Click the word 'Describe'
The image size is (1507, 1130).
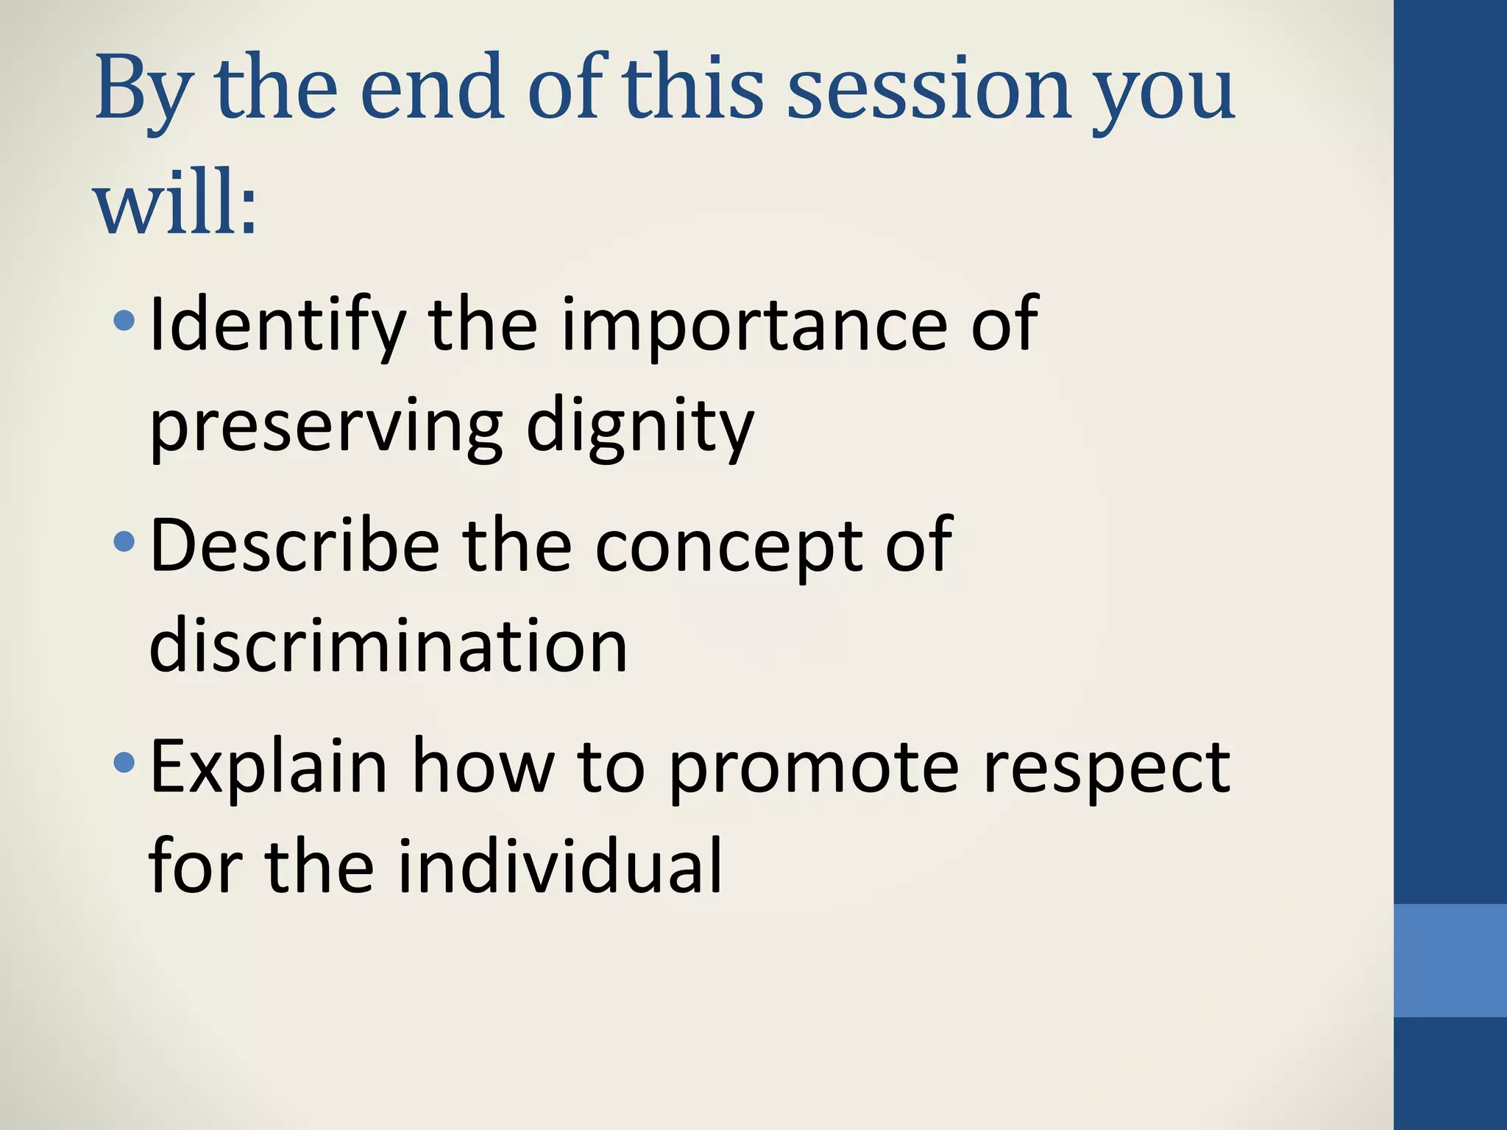(x=294, y=545)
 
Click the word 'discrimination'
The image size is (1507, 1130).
(x=388, y=646)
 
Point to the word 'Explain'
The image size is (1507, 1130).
(x=269, y=768)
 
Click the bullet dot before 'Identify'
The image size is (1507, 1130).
(x=124, y=320)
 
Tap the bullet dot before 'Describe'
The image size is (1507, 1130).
(x=124, y=542)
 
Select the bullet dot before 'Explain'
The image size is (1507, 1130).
(x=124, y=763)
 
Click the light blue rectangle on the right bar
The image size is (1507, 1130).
(x=1450, y=960)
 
